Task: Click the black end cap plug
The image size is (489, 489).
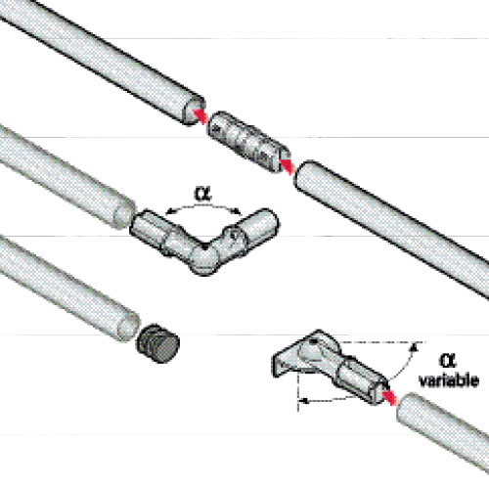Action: [157, 343]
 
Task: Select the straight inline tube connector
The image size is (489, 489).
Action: [249, 142]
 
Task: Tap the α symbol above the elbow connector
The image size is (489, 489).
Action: [202, 194]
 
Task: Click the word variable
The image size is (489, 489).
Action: [449, 380]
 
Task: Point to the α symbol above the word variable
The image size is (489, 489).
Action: [448, 360]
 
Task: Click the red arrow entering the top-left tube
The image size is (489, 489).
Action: [200, 115]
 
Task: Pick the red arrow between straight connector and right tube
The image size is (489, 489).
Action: [287, 166]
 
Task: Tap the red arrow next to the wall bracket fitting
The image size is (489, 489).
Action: [389, 397]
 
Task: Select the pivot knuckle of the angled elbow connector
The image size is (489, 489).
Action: [204, 258]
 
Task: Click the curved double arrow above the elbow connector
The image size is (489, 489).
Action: [203, 206]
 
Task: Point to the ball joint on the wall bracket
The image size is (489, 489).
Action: [312, 351]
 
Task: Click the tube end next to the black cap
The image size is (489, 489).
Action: [129, 326]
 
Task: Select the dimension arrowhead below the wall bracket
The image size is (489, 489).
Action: [304, 401]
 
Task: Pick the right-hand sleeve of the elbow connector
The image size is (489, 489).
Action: [257, 227]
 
